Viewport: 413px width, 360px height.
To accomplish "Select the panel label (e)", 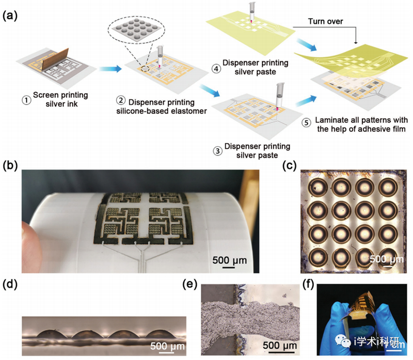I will point(192,283).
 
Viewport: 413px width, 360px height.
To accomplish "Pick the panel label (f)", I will point(309,283).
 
